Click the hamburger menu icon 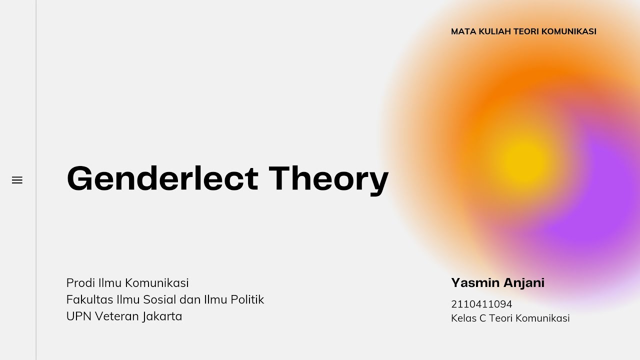point(17,180)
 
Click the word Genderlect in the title point(162,178)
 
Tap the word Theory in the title point(328,178)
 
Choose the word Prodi point(80,283)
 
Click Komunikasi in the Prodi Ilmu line point(156,283)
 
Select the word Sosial point(160,299)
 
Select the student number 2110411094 point(481,304)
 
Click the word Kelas point(463,318)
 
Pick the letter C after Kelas point(482,318)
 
